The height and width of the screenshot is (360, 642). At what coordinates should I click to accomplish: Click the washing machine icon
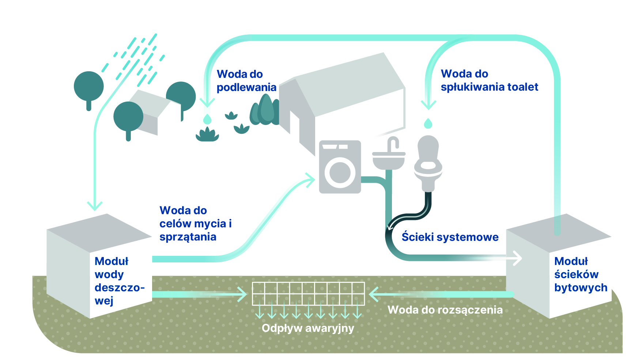(340, 167)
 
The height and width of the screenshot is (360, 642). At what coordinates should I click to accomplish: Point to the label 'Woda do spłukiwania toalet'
(489, 80)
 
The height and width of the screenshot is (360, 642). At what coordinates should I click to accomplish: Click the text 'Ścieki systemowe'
(450, 237)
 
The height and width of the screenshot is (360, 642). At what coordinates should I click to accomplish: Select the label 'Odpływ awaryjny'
(308, 328)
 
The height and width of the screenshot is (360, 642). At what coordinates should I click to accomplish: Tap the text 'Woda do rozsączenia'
(445, 310)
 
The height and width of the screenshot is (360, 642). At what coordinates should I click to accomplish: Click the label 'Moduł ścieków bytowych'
(580, 274)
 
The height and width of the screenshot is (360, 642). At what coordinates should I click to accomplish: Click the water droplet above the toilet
(428, 124)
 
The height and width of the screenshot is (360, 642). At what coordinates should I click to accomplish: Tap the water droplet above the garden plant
(207, 119)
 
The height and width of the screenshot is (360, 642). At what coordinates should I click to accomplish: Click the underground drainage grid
(308, 293)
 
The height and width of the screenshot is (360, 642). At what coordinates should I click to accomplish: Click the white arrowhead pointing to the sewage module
(518, 258)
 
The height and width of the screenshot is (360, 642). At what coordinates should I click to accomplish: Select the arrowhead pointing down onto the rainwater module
(95, 205)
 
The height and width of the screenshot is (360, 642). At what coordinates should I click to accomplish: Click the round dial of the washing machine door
(340, 173)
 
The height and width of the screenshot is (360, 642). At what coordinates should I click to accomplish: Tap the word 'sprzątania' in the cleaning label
(188, 237)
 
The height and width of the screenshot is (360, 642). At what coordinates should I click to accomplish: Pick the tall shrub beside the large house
(266, 110)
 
